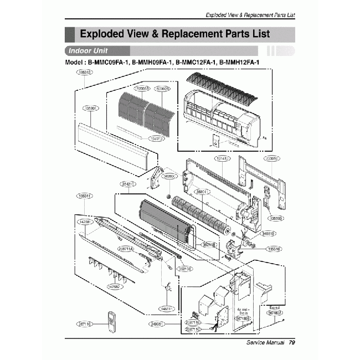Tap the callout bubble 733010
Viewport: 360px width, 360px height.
click(x=272, y=158)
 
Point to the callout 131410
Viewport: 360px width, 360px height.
click(x=222, y=158)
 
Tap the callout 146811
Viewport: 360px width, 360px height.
click(x=167, y=308)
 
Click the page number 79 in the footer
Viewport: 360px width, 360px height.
click(x=291, y=343)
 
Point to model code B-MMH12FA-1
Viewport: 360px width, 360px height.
click(x=239, y=63)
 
